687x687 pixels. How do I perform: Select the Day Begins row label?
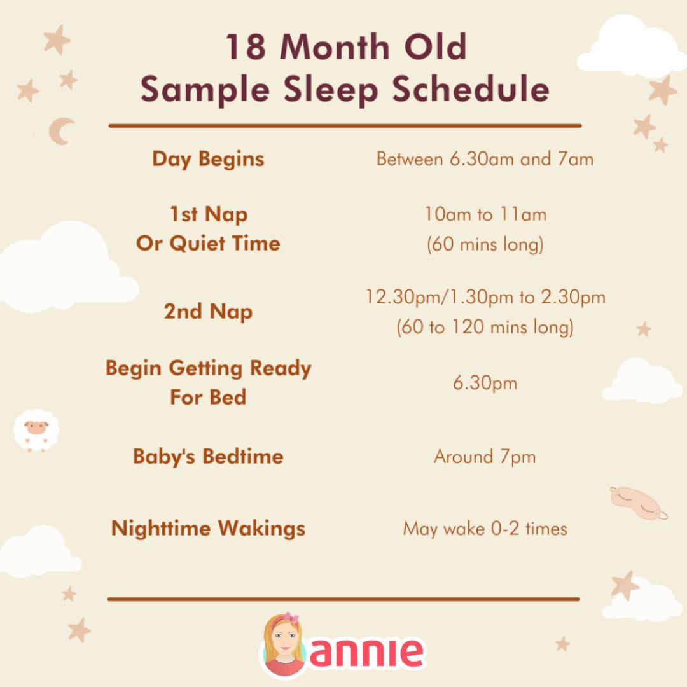pyautogui.click(x=208, y=159)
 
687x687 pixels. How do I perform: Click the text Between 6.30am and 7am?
pyautogui.click(x=485, y=159)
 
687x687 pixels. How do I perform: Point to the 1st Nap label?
pyautogui.click(x=208, y=214)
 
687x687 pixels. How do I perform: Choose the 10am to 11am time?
pyautogui.click(x=485, y=214)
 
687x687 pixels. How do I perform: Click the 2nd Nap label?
pyautogui.click(x=208, y=312)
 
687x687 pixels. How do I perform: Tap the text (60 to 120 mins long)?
pyautogui.click(x=485, y=328)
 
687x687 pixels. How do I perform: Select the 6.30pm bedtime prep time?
pyautogui.click(x=485, y=383)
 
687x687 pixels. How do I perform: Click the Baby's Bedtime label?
pyautogui.click(x=208, y=456)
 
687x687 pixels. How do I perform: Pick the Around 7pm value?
pyautogui.click(x=485, y=456)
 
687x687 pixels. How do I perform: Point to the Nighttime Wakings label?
pyautogui.click(x=208, y=528)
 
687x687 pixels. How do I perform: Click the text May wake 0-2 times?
pyautogui.click(x=485, y=528)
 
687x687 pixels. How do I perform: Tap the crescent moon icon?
pyautogui.click(x=61, y=131)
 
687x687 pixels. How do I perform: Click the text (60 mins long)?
pyautogui.click(x=485, y=244)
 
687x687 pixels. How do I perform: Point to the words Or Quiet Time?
pyautogui.click(x=208, y=243)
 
